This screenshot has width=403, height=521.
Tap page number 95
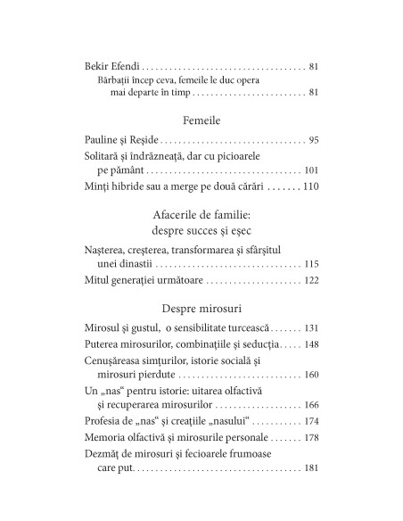tap(312, 139)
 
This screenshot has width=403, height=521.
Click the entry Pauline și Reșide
tap(122, 139)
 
